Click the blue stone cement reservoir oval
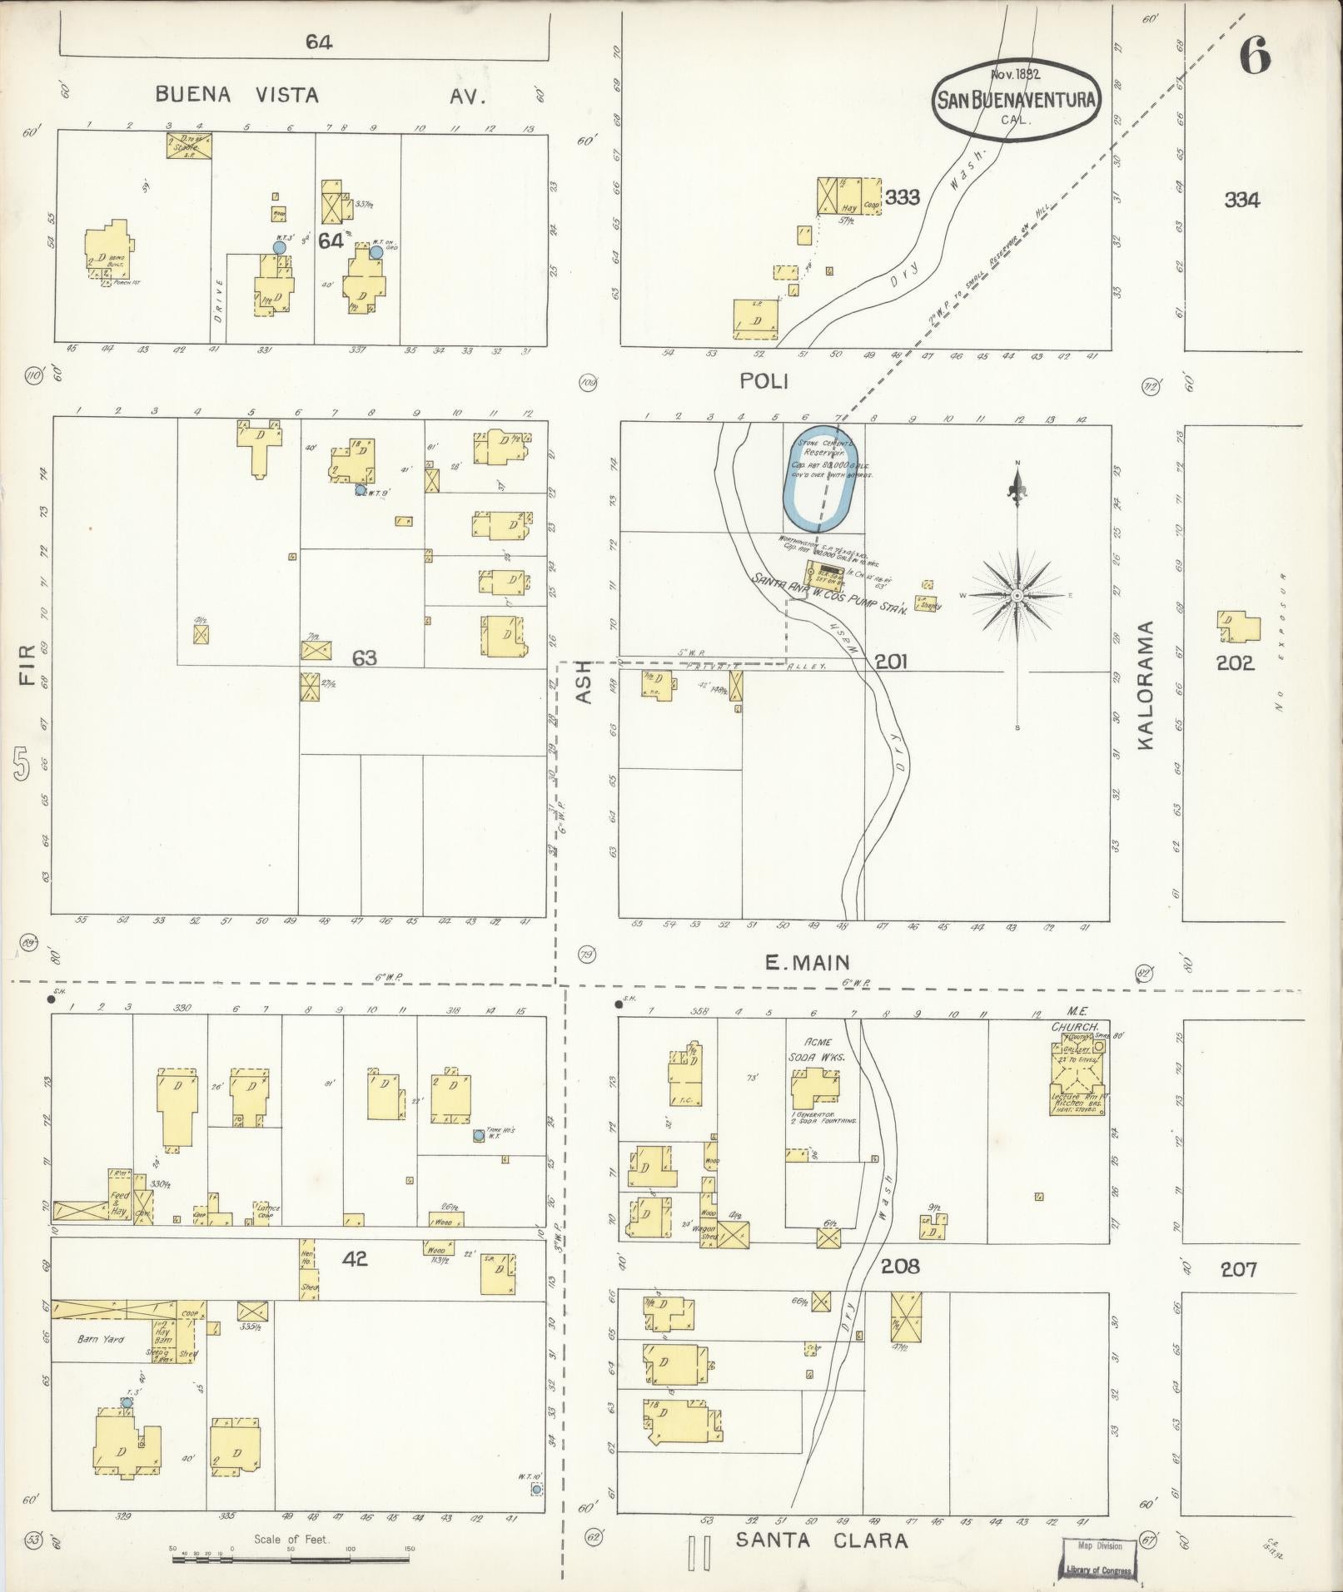[x=818, y=481]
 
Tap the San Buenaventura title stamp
[x=1016, y=101]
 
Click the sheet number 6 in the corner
[x=1254, y=57]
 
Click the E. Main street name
[x=808, y=963]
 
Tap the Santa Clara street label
[x=821, y=1540]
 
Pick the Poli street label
[x=764, y=381]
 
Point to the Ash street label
[x=584, y=682]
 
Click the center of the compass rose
[x=1017, y=596]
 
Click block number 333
[x=903, y=197]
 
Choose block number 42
[x=355, y=1259]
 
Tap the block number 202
[x=1234, y=663]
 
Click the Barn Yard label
[x=100, y=1340]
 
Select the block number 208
[x=900, y=1266]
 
